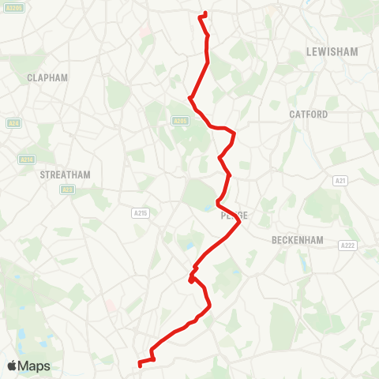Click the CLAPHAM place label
tap(47, 77)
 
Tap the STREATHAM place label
tap(66, 174)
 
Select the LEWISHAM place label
tap(332, 52)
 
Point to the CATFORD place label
tap(308, 114)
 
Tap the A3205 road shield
tap(15, 7)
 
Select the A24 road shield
tap(13, 124)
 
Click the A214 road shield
tap(27, 159)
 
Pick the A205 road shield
tap(181, 121)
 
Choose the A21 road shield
tap(340, 181)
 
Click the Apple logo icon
tap(13, 366)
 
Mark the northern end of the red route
tap(204, 13)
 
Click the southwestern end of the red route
tap(140, 364)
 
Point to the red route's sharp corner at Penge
tap(239, 223)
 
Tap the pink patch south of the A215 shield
tap(110, 304)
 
